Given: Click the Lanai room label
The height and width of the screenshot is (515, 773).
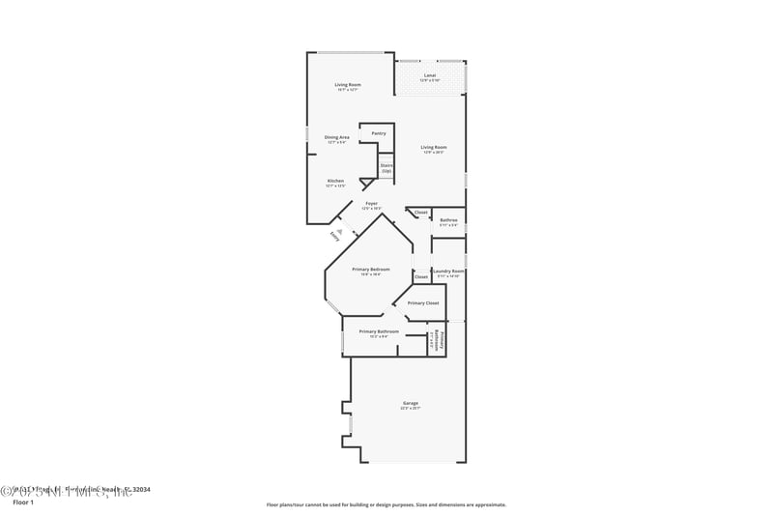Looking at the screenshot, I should click(x=431, y=74).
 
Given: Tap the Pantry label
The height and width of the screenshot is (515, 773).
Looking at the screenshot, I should click(x=379, y=133).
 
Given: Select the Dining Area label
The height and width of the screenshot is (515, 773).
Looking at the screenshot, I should click(x=336, y=137).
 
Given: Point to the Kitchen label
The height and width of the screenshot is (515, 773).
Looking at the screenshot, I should click(x=335, y=181).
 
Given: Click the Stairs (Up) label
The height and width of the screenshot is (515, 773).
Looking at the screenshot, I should click(x=386, y=168).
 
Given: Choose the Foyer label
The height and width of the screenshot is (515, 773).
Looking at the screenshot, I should click(x=371, y=203).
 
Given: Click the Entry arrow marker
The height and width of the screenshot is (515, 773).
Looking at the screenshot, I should click(x=339, y=229).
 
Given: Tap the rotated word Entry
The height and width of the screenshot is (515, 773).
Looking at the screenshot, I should click(x=333, y=236).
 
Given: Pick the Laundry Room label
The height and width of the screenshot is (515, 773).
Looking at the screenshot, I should click(x=448, y=272).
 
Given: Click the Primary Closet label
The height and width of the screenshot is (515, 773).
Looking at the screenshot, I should click(x=422, y=303).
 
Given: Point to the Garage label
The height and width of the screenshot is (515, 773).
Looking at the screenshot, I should click(x=411, y=403).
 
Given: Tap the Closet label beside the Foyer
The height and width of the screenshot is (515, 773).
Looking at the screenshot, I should click(x=420, y=213).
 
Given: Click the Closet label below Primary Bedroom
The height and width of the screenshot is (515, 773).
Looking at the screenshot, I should click(x=420, y=277).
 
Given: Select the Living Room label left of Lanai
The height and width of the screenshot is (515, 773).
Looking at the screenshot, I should click(x=348, y=85).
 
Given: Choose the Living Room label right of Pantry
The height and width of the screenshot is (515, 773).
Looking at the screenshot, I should click(x=433, y=147).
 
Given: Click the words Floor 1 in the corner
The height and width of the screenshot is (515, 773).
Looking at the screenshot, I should click(x=23, y=502).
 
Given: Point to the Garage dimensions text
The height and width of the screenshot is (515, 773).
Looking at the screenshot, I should click(x=411, y=409).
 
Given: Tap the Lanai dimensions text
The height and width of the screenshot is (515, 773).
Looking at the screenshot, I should click(x=431, y=80).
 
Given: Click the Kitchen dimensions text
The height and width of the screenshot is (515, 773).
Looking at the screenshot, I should click(x=335, y=186).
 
